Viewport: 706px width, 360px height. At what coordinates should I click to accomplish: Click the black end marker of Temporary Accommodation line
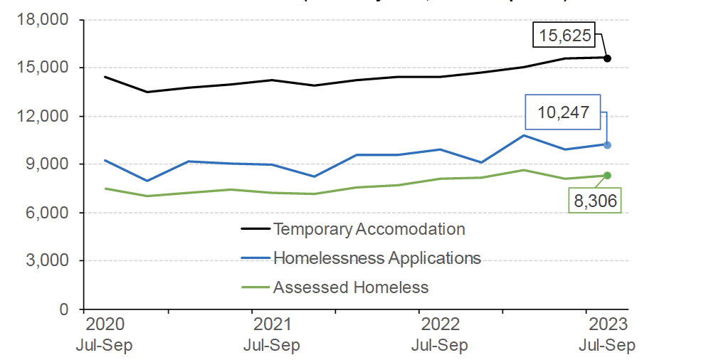(607, 58)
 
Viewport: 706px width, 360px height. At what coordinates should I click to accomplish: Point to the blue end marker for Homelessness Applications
(607, 144)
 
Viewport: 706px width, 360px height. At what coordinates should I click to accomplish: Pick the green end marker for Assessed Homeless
(607, 176)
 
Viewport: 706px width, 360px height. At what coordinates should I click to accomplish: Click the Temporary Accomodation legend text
(369, 229)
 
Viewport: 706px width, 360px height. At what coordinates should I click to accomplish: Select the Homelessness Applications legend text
(376, 258)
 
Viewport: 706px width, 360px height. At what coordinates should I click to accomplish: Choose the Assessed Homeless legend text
(351, 287)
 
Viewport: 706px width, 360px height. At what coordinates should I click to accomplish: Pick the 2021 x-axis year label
(272, 325)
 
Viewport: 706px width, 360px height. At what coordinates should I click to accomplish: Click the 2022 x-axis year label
(439, 325)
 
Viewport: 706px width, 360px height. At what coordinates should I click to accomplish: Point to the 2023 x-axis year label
(607, 325)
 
